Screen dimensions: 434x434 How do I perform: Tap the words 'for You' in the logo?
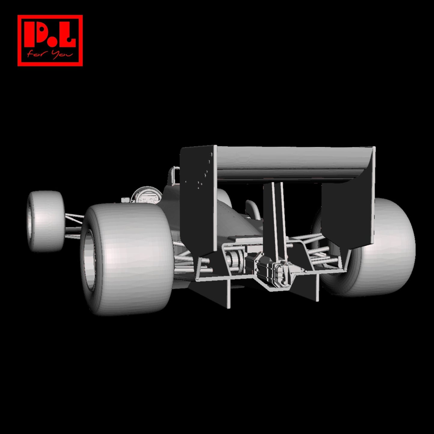pos(50,55)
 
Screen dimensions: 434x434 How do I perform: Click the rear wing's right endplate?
pos(348,213)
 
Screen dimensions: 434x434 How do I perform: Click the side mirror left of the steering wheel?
pos(124,200)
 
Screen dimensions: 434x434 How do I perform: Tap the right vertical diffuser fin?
pos(317,287)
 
